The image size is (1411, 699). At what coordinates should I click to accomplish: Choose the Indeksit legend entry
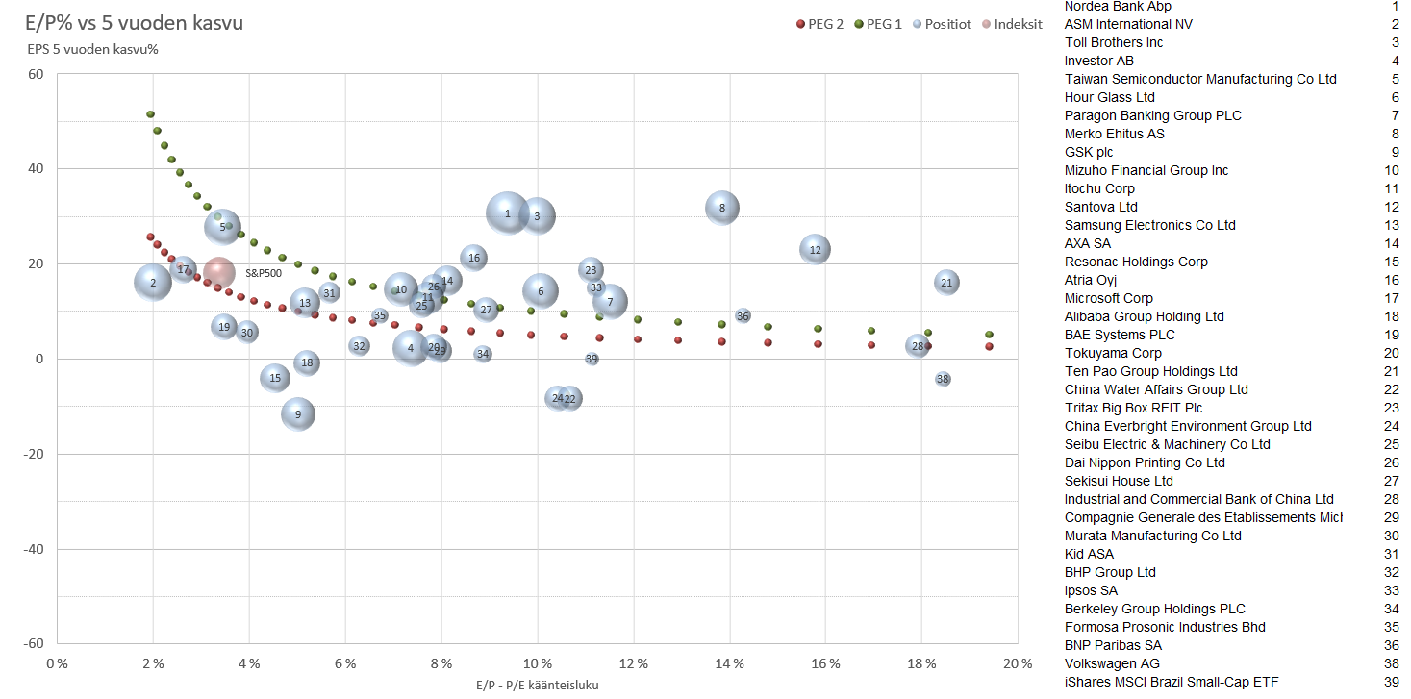[1011, 24]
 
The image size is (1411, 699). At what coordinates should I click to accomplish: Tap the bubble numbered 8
[722, 208]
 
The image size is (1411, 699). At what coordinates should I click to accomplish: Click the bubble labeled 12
[816, 250]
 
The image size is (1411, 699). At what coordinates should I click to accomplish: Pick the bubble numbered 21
[946, 283]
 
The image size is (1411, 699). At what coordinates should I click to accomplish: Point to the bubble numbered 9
[298, 415]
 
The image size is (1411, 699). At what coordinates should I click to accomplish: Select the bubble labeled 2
[153, 283]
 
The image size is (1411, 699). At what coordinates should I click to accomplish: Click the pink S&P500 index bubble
[219, 273]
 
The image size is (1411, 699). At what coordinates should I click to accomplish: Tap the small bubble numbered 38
[943, 379]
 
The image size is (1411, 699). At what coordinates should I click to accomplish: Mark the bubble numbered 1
[508, 213]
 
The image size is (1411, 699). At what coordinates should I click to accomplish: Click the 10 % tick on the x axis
[538, 663]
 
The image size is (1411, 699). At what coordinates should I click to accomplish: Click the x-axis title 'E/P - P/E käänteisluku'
[538, 685]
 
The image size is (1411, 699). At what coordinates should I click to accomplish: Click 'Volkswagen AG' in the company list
[1112, 663]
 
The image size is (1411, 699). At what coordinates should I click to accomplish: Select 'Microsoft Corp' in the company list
[1109, 298]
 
